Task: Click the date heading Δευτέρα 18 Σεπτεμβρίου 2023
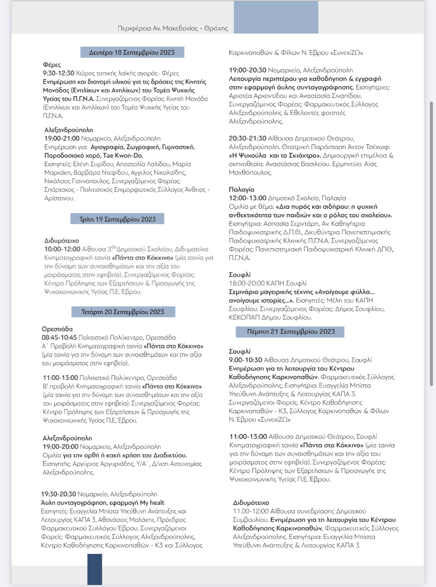point(132,52)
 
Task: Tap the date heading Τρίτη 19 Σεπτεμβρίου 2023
point(117,219)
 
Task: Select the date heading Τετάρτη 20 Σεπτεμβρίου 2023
point(123,312)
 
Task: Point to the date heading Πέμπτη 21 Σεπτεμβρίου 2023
point(291,332)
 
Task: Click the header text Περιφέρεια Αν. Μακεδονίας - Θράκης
point(173,28)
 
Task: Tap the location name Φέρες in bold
point(52,65)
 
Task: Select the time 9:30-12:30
point(58,73)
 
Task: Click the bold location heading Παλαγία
point(241,190)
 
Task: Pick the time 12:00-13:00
point(248,198)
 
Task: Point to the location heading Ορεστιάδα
point(57,329)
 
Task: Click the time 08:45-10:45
point(59,337)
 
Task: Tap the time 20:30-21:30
point(248,138)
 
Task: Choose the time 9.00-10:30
point(246,360)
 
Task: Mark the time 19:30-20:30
point(58,494)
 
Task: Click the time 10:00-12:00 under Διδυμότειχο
point(62,249)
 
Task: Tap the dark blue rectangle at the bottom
point(95,569)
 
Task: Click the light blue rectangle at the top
point(276,17)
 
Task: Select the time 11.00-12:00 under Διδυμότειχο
point(251,511)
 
